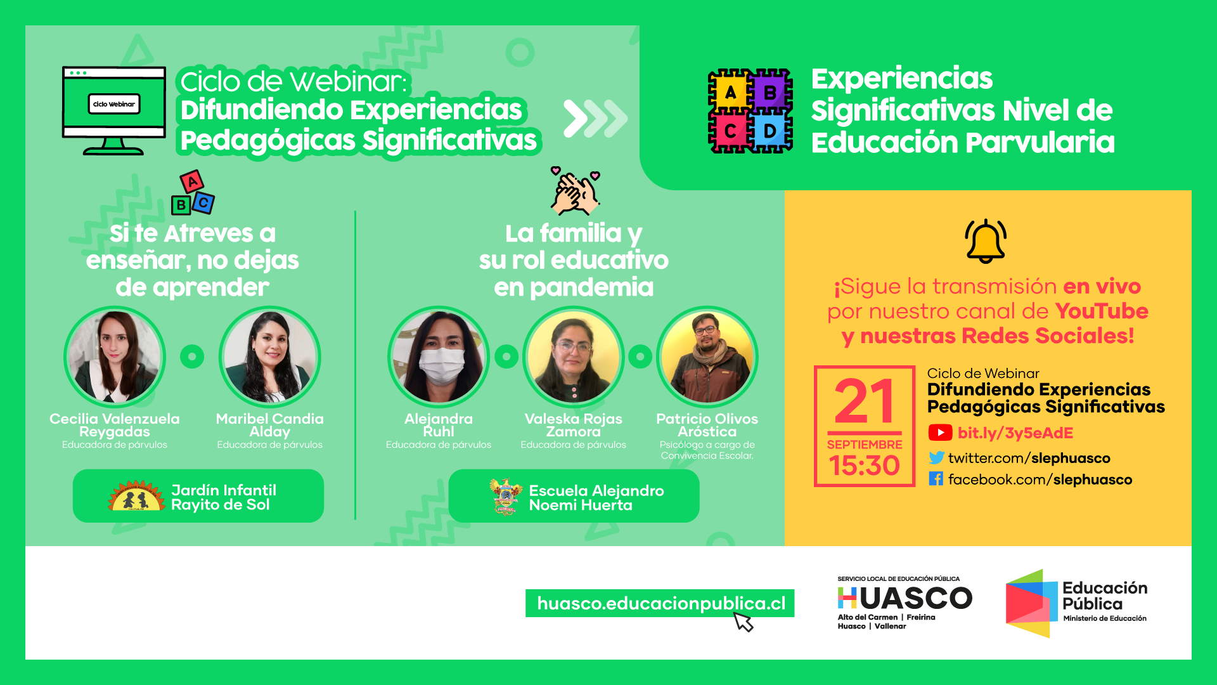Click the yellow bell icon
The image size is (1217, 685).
(986, 241)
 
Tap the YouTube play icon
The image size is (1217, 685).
(940, 433)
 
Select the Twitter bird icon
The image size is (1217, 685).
(936, 457)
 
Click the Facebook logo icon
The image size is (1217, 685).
(936, 479)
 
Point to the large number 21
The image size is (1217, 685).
(864, 401)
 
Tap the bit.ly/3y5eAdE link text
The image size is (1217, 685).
(1015, 433)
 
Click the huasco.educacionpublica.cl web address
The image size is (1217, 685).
(661, 603)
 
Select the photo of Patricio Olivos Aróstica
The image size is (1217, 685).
(707, 357)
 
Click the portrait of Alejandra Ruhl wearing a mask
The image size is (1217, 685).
(439, 357)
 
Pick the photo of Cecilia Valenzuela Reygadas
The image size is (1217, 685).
(115, 357)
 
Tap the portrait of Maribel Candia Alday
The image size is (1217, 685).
(270, 357)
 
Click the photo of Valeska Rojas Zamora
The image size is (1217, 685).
(574, 357)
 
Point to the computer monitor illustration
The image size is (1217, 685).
(114, 110)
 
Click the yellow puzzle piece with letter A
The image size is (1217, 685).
(729, 91)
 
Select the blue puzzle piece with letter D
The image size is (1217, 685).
(771, 131)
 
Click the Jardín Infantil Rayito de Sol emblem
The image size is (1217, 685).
(137, 496)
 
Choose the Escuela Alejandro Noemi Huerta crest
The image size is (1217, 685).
(505, 497)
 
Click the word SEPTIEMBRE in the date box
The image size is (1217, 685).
(864, 445)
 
